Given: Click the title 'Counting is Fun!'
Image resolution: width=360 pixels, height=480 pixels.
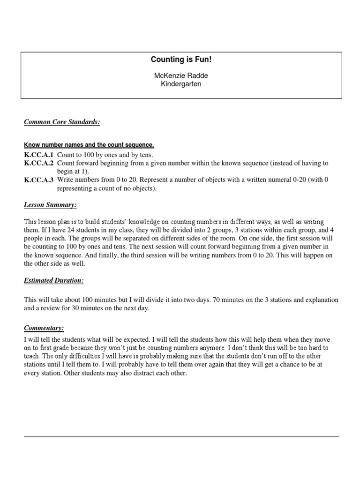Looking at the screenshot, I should (181, 60).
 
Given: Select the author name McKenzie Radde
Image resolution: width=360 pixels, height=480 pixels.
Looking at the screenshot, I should (181, 75).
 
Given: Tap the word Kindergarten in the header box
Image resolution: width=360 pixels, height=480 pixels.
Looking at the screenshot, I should (181, 84).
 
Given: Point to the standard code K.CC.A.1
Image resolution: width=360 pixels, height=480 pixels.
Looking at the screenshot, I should (39, 155).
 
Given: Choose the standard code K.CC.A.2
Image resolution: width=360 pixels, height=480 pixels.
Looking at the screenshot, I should (39, 163).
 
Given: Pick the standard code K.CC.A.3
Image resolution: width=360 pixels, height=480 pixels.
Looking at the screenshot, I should (39, 180).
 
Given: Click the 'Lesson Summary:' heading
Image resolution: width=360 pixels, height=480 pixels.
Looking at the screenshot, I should (50, 205).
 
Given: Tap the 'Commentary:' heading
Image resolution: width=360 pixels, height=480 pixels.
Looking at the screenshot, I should (44, 328).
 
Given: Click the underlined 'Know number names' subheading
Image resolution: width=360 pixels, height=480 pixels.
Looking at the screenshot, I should (89, 145).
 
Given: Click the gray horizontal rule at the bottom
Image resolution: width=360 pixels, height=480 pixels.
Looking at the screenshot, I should (181, 436).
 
